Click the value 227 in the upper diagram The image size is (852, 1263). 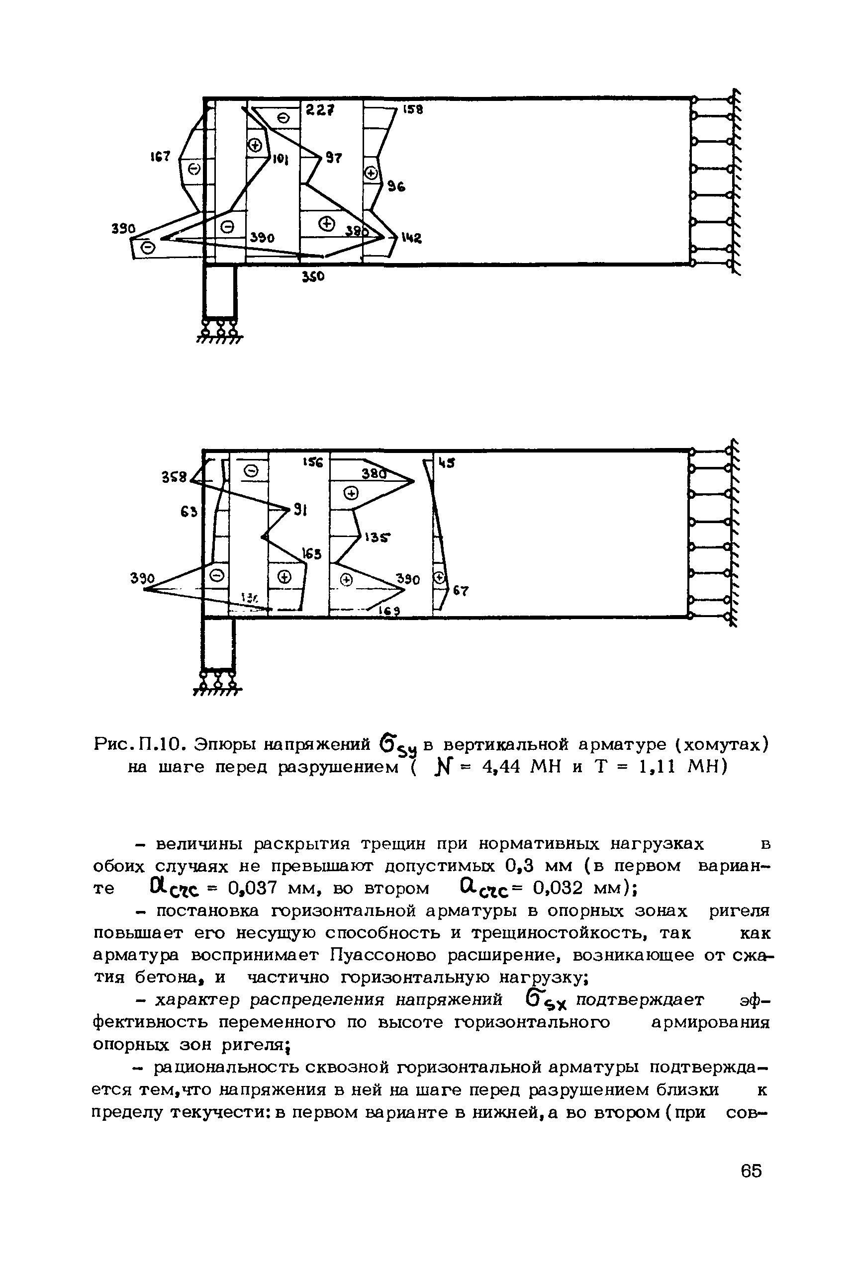(x=319, y=110)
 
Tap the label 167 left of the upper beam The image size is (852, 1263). (x=160, y=157)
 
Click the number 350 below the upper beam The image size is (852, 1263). (x=313, y=277)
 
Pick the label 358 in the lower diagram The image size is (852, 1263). (x=175, y=477)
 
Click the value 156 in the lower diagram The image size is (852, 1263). (x=313, y=463)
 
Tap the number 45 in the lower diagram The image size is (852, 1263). (x=447, y=463)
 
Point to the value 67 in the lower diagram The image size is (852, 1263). (x=461, y=591)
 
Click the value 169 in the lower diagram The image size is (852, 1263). (x=389, y=611)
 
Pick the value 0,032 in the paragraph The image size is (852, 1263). (x=556, y=888)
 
